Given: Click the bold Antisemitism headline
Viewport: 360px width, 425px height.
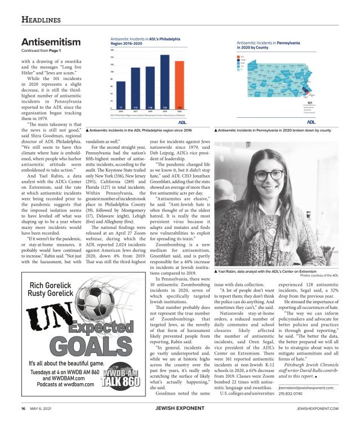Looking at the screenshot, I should click(51, 42).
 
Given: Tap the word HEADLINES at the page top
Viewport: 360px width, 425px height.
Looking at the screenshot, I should click(41, 20).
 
